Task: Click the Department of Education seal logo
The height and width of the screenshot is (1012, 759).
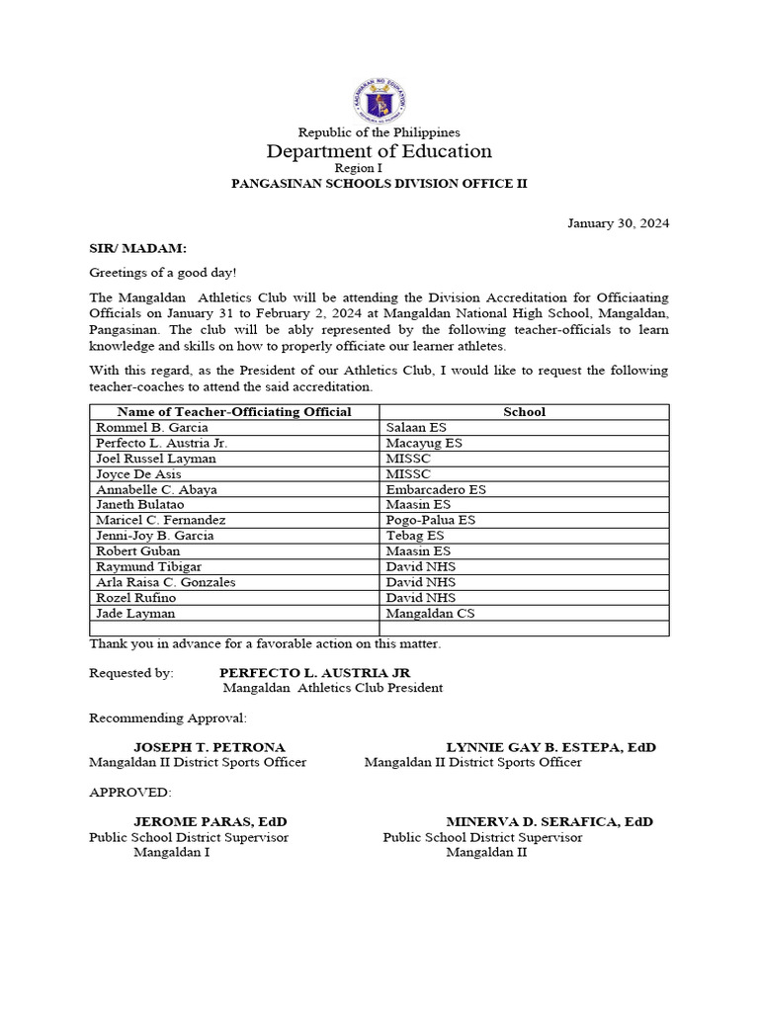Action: point(379,100)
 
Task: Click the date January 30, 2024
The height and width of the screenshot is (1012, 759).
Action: point(618,222)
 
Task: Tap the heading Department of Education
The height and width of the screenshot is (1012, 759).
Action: point(379,151)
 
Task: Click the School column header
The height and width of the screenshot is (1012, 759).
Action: point(524,411)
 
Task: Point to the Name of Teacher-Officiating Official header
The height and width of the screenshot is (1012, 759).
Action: point(234,411)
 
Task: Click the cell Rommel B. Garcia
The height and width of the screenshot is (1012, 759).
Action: point(152,427)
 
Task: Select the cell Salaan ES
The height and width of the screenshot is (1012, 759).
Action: point(416,427)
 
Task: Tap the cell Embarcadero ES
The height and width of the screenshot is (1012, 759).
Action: point(436,489)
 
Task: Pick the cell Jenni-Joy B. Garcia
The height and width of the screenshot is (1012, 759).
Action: point(155,536)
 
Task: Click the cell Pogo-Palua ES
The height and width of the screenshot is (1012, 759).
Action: point(431,520)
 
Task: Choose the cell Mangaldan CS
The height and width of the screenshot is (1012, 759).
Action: point(430,613)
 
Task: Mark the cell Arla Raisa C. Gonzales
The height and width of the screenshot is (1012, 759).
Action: point(165,582)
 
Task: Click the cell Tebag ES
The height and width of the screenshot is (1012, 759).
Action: point(415,536)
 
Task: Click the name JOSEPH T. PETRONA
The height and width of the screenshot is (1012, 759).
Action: point(210,747)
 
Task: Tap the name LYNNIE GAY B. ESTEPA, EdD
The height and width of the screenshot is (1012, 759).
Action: point(550,747)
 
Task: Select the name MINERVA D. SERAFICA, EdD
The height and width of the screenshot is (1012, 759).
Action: point(548,821)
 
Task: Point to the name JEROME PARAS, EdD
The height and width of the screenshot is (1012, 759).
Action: point(210,821)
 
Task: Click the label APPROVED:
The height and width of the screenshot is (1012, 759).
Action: point(129,793)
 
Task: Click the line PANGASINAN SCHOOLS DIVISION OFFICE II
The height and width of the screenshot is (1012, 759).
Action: point(379,184)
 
